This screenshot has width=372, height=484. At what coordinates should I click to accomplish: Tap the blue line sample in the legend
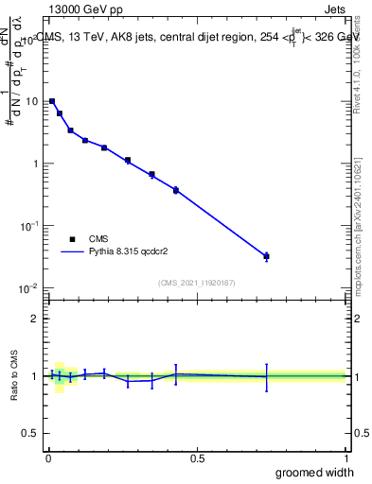tap(72, 252)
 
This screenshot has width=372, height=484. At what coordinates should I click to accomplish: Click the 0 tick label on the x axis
tap(48, 458)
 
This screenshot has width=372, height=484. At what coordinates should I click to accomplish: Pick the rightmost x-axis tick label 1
tap(345, 458)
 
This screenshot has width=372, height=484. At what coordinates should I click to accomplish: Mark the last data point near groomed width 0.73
tap(266, 256)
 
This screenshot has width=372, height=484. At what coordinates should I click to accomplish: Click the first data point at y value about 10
tap(52, 101)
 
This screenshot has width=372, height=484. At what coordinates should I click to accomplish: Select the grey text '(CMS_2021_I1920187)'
tap(196, 282)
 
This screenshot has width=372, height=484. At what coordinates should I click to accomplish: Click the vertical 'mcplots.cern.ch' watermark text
tap(357, 236)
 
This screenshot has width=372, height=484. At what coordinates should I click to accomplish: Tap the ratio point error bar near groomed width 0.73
tap(266, 377)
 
